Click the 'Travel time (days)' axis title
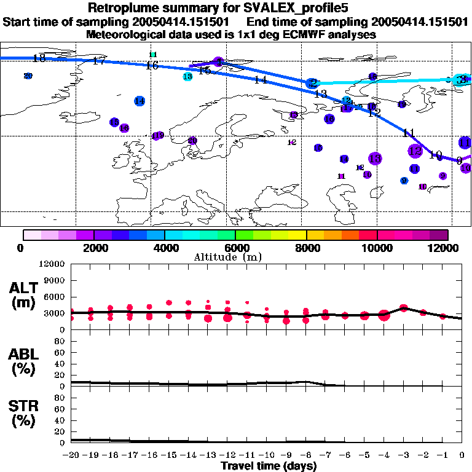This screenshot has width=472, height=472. tap(269, 466)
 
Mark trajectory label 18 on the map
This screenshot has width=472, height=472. tap(39, 58)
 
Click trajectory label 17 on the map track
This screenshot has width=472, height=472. tap(98, 60)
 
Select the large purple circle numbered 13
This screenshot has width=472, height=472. tap(374, 159)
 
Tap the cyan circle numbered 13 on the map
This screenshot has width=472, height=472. tap(187, 76)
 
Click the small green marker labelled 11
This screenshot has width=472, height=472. tap(153, 55)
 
